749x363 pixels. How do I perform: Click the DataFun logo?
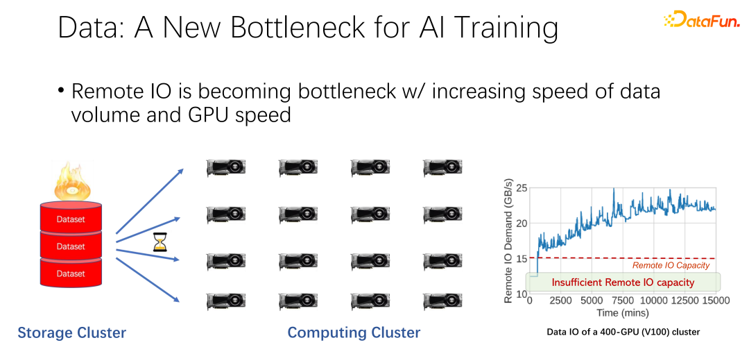701,19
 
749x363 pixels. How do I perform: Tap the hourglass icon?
159,242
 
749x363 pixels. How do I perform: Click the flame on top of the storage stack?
71,181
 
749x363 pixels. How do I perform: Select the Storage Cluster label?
71,332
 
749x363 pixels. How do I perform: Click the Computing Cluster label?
354,332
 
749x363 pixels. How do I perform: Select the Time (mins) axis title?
622,313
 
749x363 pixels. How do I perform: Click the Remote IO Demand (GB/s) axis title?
508,240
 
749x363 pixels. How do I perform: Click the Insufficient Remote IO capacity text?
623,282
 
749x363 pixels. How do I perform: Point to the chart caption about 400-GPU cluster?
623,332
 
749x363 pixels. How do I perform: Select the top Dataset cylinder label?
71,220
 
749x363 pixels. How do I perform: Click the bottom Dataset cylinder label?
71,273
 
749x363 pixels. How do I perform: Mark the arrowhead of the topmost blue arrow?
180,170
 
